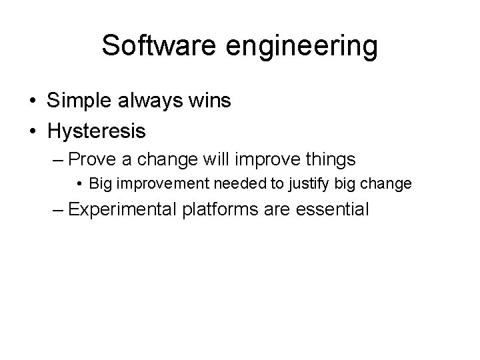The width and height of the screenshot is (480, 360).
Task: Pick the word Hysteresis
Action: pyautogui.click(x=96, y=131)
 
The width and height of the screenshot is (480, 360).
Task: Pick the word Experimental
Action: pyautogui.click(x=122, y=209)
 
